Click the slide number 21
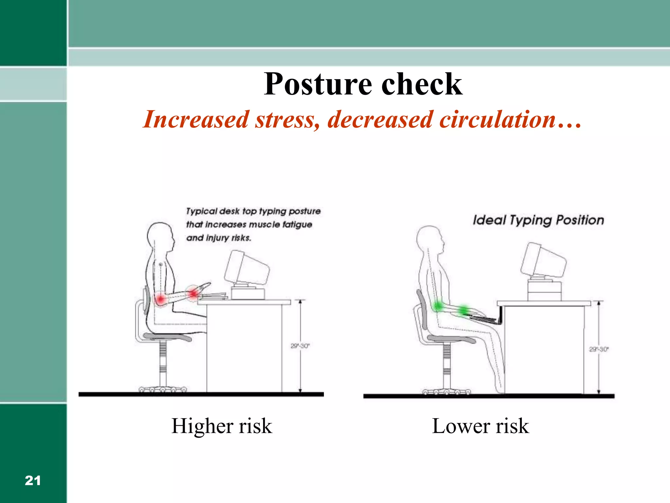pyautogui.click(x=33, y=480)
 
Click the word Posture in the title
pyautogui.click(x=318, y=84)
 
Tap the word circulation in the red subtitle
pyautogui.click(x=497, y=120)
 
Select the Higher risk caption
pyautogui.click(x=221, y=426)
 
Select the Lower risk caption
pyautogui.click(x=480, y=426)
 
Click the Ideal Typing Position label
pyautogui.click(x=538, y=220)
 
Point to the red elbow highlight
pyautogui.click(x=160, y=299)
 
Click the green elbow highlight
pyautogui.click(x=438, y=307)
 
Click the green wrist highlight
pyautogui.click(x=464, y=309)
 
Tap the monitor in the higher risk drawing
pyautogui.click(x=247, y=269)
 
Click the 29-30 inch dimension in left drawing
pyautogui.click(x=300, y=346)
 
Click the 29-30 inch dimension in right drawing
pyautogui.click(x=598, y=349)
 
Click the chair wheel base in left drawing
pyautogui.click(x=163, y=389)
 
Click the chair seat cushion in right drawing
pyautogui.click(x=451, y=339)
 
